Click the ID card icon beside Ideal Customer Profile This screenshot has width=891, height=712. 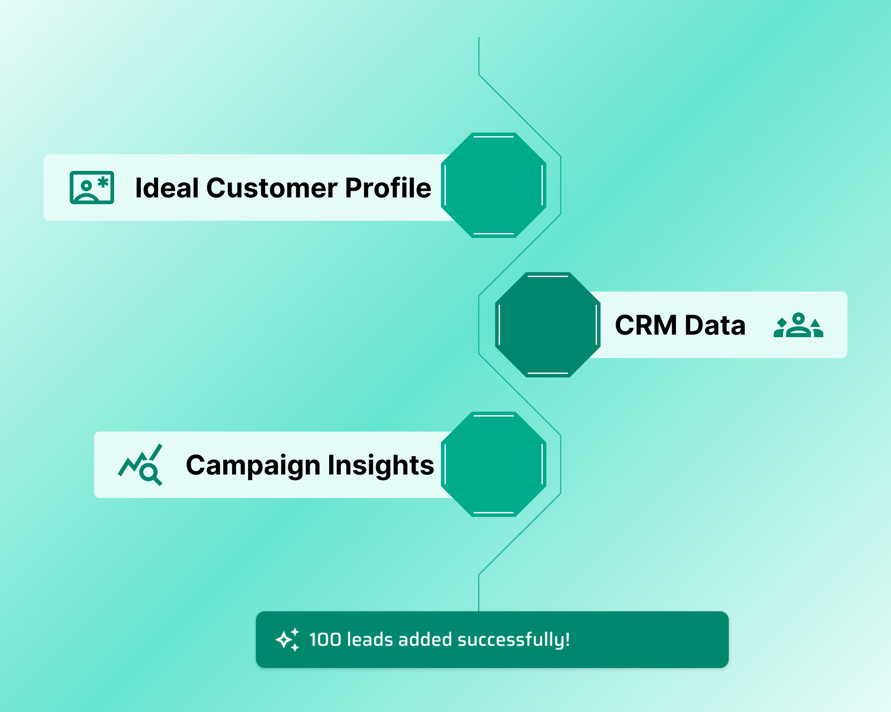[x=92, y=187]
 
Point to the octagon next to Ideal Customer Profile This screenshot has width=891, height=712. [x=494, y=185]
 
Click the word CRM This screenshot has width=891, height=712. [x=646, y=325]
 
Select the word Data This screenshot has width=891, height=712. [x=715, y=325]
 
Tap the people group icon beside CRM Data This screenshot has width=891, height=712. [x=798, y=325]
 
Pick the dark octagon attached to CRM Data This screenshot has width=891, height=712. [x=548, y=325]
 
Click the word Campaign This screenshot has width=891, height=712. [x=253, y=466]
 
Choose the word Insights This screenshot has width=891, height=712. [x=381, y=465]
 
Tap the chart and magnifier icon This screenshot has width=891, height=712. [x=140, y=465]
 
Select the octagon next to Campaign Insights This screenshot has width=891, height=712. [x=494, y=464]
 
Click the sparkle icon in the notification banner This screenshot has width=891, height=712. [x=287, y=640]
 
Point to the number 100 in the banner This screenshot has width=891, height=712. [x=325, y=640]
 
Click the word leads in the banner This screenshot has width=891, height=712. [x=370, y=639]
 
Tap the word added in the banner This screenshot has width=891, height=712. [x=425, y=639]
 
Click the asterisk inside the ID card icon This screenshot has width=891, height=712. [x=103, y=182]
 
